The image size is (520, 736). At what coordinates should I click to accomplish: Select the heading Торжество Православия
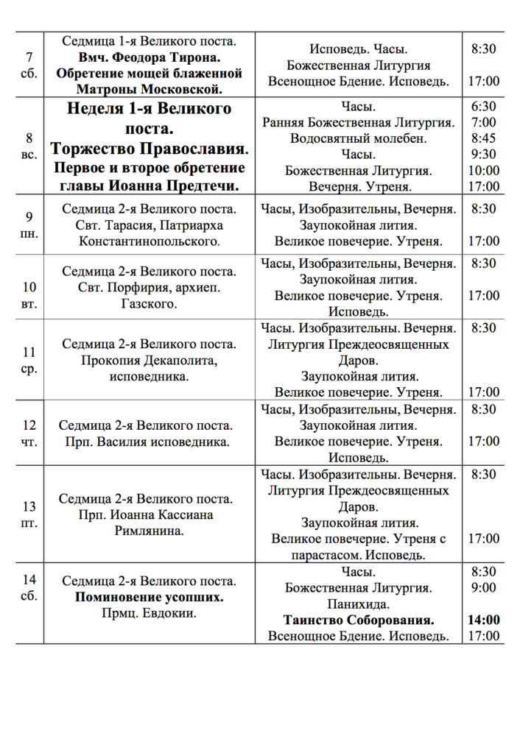coord(150,149)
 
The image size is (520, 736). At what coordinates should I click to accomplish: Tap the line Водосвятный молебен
coord(359,138)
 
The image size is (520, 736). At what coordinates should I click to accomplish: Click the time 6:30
coord(483,106)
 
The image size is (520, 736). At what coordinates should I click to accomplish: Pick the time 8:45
coord(483,138)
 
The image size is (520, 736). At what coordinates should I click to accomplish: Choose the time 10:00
coord(483,171)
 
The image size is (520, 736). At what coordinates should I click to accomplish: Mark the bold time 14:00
coord(483,620)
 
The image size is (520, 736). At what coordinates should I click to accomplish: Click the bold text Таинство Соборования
coord(359,620)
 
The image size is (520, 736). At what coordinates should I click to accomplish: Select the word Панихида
coord(359,604)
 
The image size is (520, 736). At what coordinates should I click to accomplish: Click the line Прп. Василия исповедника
coord(146,442)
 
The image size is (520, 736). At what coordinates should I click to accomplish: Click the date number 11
coord(29,353)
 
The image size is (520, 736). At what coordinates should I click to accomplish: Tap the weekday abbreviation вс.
coord(29,155)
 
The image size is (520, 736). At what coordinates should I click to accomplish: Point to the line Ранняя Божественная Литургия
coord(359,122)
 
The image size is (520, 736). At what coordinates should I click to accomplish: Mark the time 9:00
coord(483,587)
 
